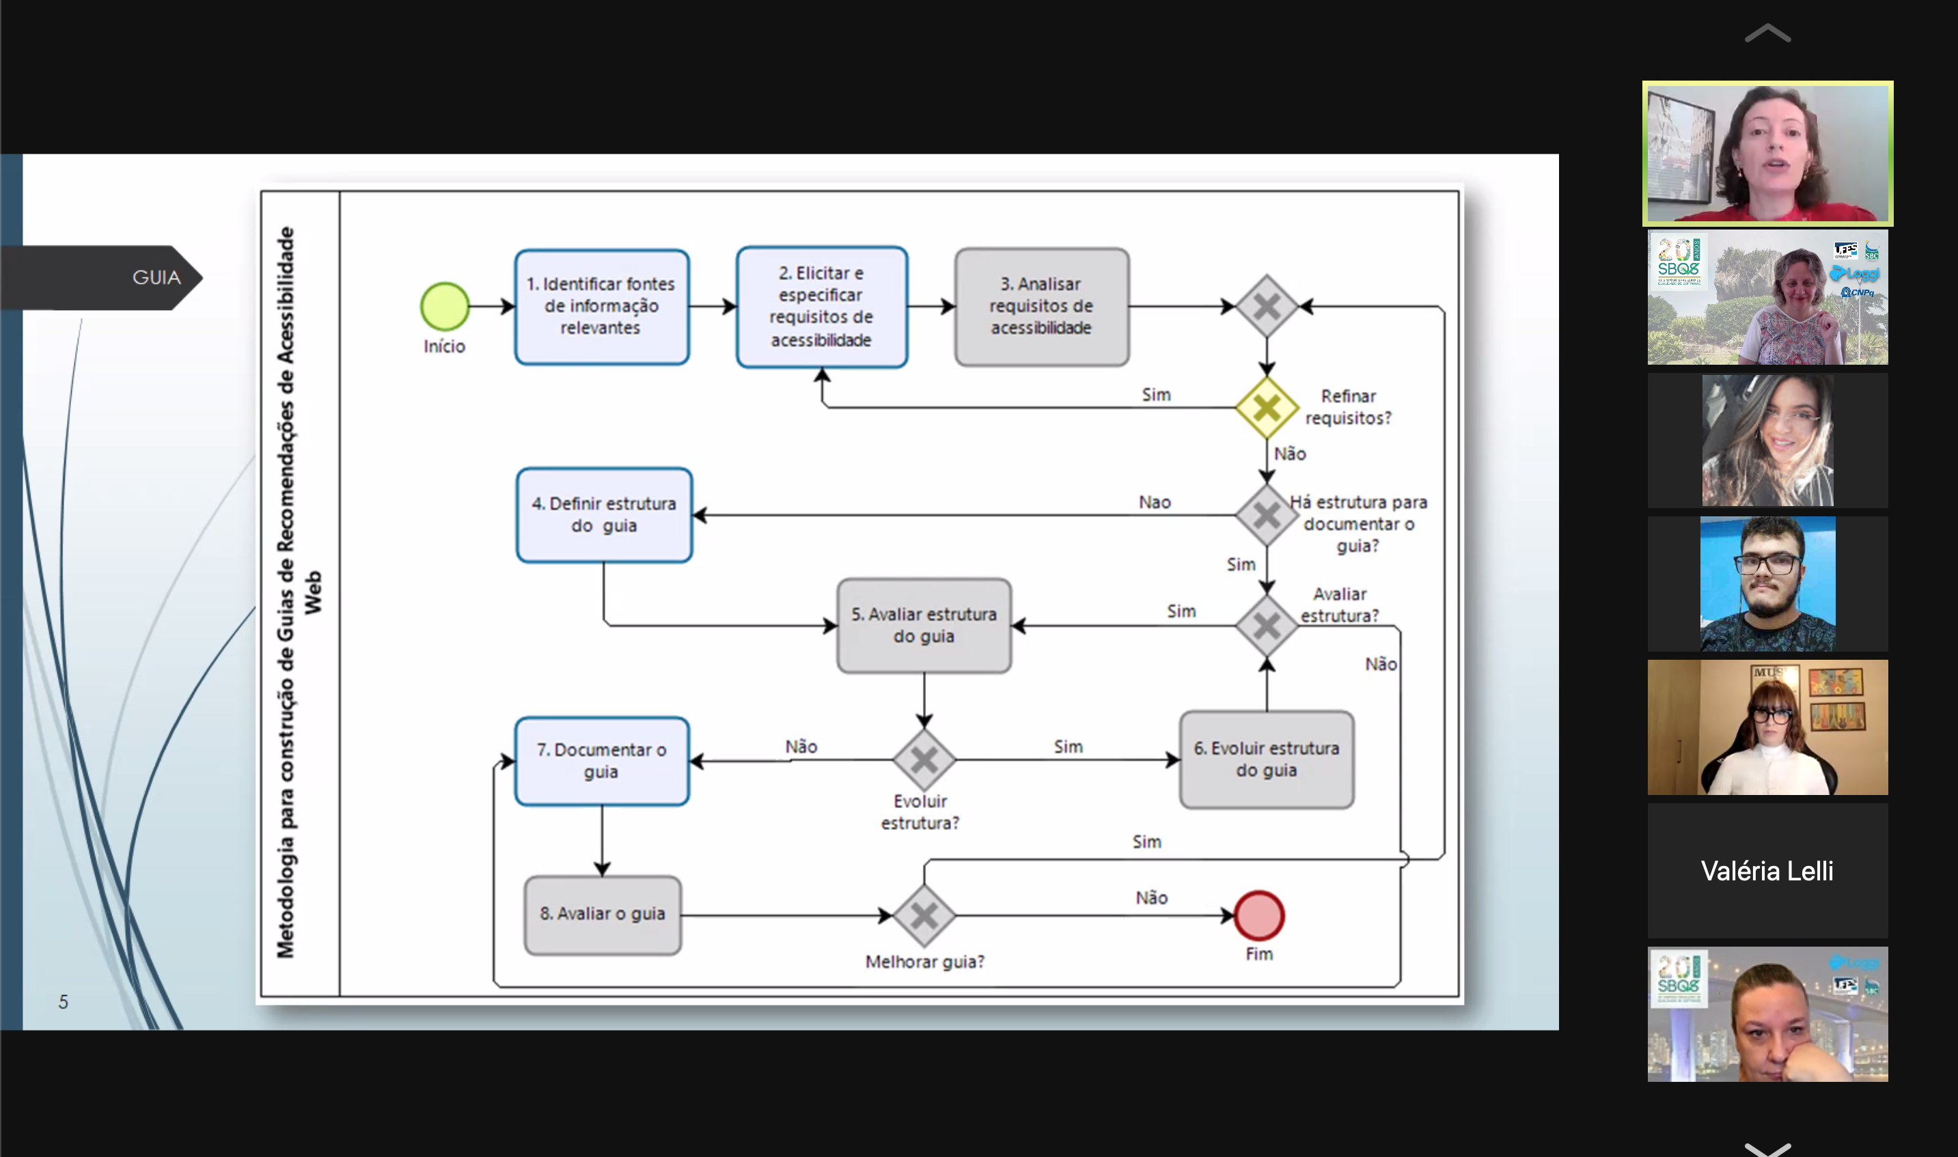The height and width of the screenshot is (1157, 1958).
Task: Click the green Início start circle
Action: (x=445, y=307)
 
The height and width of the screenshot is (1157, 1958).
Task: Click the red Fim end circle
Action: (x=1258, y=915)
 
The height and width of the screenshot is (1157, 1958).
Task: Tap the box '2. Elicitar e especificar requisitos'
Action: (x=821, y=307)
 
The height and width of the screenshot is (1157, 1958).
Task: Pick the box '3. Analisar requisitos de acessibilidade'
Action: (x=1041, y=307)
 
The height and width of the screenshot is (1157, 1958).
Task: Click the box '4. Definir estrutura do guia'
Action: (x=603, y=514)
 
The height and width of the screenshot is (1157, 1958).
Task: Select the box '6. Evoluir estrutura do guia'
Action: (x=1267, y=759)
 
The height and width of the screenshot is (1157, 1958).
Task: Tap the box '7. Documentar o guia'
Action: (x=601, y=760)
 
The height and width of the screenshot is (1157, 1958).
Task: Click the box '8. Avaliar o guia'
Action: (x=602, y=915)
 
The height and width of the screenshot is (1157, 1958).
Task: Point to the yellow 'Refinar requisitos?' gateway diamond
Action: (x=1267, y=407)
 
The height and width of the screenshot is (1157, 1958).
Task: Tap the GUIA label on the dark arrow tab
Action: (x=156, y=277)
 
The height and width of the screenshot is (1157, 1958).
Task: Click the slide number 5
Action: (x=63, y=1001)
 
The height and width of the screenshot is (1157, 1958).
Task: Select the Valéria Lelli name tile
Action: (x=1767, y=870)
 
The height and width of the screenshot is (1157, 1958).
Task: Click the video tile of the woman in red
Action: (x=1767, y=154)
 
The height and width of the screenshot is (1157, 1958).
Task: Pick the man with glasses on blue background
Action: (x=1767, y=583)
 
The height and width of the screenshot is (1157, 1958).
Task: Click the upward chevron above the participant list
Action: (x=1767, y=33)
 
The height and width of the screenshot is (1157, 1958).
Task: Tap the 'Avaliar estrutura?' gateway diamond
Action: (x=1267, y=625)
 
